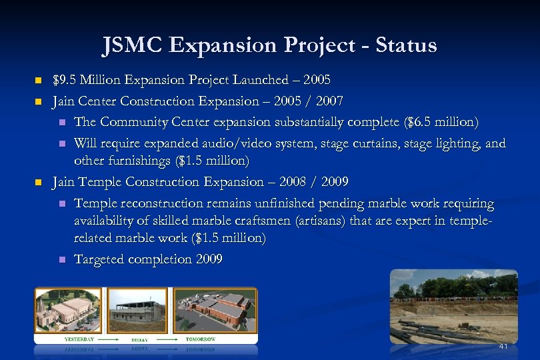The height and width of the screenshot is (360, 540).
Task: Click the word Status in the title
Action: (x=406, y=45)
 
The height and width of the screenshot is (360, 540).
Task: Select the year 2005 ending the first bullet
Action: (x=316, y=80)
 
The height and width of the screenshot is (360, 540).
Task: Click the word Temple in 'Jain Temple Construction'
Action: (x=101, y=182)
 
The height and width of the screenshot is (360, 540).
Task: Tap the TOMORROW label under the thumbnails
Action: (x=200, y=339)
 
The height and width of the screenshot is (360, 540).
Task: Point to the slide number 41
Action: (x=503, y=346)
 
